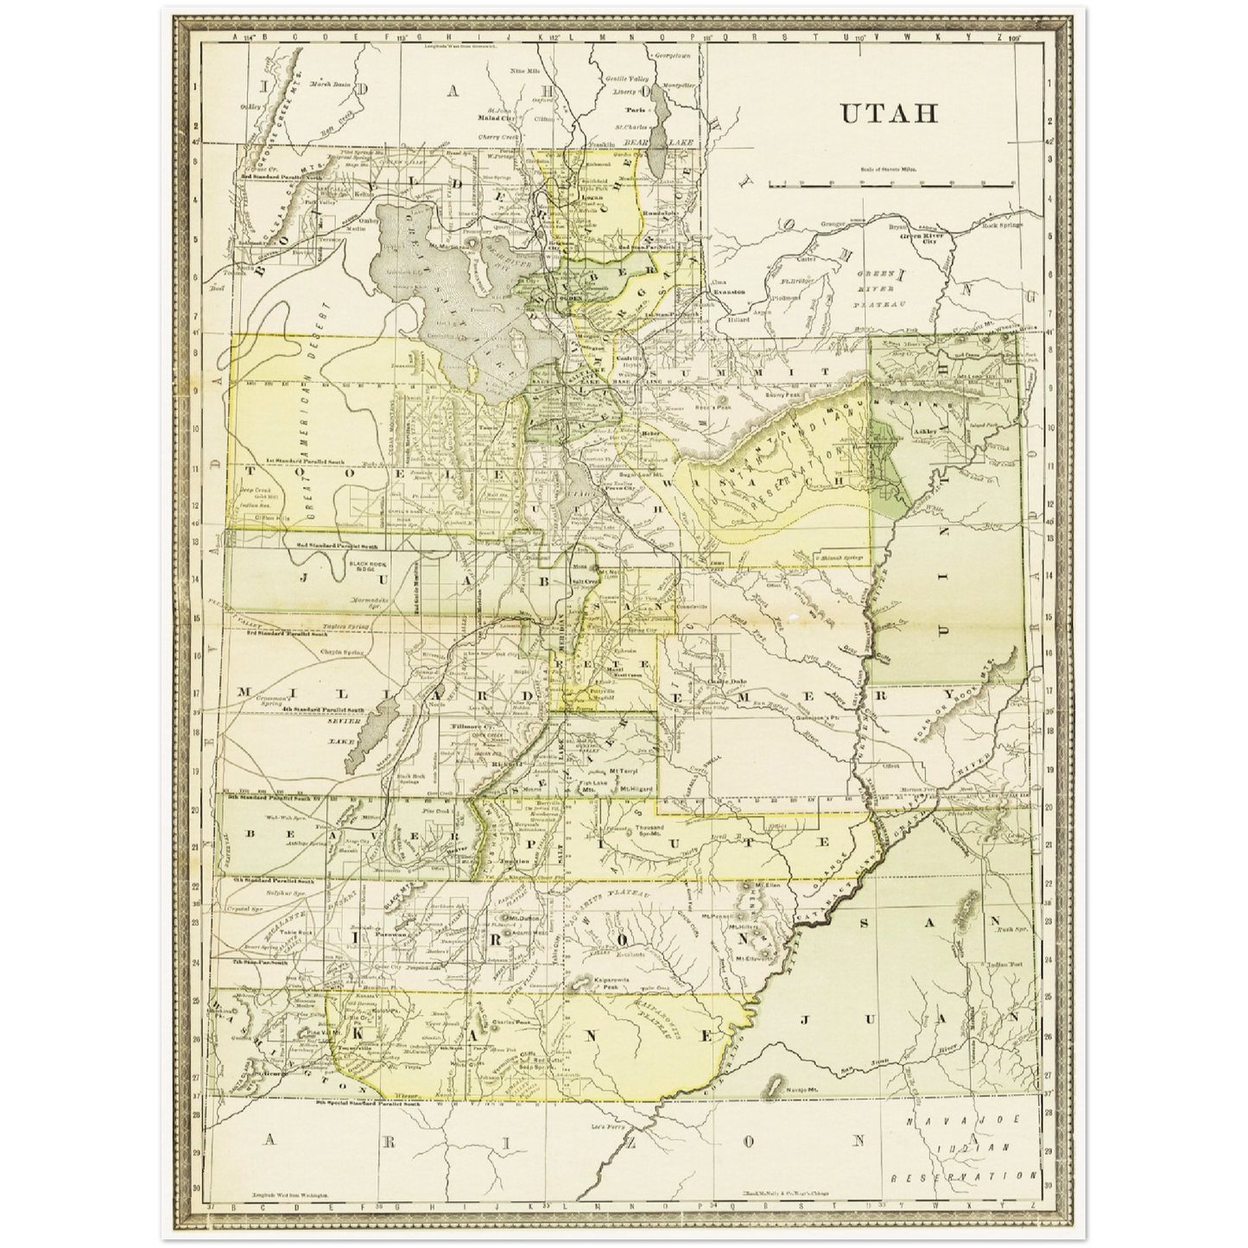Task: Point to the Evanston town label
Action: click(728, 293)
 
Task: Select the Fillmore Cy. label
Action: click(465, 732)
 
